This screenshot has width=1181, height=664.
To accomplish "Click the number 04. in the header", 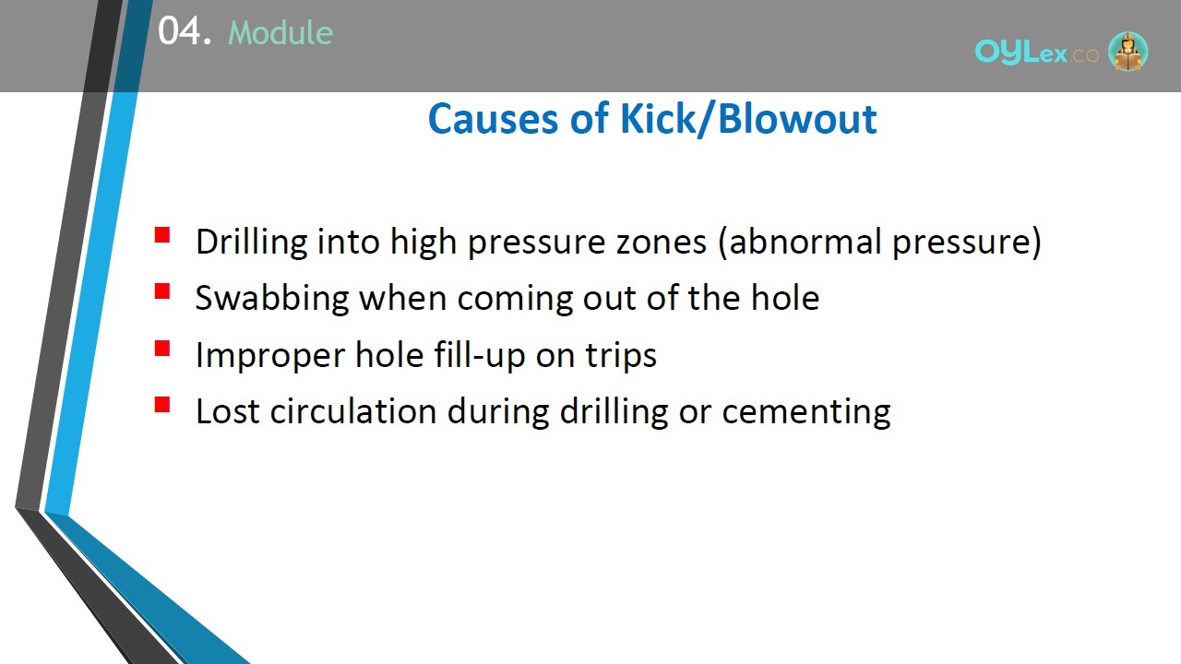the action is (x=185, y=31).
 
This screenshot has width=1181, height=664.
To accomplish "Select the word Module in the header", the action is (x=280, y=32).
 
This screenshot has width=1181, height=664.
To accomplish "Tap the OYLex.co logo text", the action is (x=1036, y=53).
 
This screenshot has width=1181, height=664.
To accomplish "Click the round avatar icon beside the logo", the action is (x=1127, y=51).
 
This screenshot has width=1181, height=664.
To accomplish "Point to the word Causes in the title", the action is (x=493, y=119).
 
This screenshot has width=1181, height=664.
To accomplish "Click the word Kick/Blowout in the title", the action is (x=748, y=119).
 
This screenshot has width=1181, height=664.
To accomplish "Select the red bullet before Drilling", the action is (x=162, y=235).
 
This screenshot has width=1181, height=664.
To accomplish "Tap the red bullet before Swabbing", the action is (x=162, y=291).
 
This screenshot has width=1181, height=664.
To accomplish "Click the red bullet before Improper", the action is (x=162, y=349).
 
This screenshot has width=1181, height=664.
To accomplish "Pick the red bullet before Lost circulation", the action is (x=162, y=405).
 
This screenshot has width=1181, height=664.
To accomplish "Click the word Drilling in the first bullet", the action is (x=252, y=242).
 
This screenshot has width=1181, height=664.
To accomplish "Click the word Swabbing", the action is (x=272, y=299).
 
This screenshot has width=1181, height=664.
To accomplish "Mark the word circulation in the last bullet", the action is (x=353, y=411).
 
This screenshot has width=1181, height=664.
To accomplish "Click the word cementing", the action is (x=806, y=412).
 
